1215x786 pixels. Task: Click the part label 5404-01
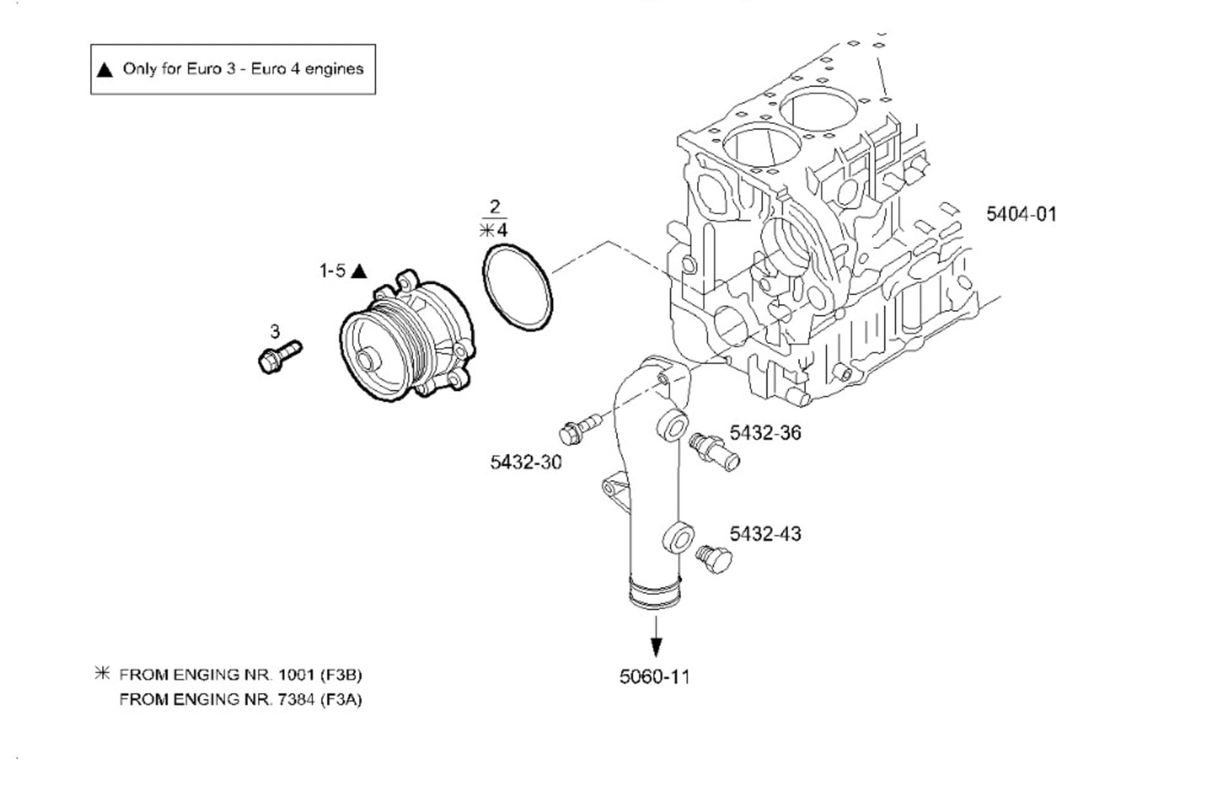pyautogui.click(x=1021, y=214)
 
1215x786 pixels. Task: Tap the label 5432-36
pyautogui.click(x=765, y=433)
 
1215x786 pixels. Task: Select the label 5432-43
pyautogui.click(x=765, y=534)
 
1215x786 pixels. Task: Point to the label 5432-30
pyautogui.click(x=526, y=462)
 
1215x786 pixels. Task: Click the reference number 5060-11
pyautogui.click(x=654, y=677)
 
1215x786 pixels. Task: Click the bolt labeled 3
pyautogui.click(x=279, y=357)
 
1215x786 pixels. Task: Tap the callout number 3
pyautogui.click(x=275, y=331)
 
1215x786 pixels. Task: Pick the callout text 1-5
pyautogui.click(x=332, y=271)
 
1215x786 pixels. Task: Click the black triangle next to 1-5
pyautogui.click(x=359, y=271)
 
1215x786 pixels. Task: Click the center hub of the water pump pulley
pyautogui.click(x=367, y=362)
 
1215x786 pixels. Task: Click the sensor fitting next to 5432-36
pyautogui.click(x=715, y=450)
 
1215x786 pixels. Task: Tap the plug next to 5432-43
pyautogui.click(x=714, y=559)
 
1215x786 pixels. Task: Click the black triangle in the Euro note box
pyautogui.click(x=105, y=70)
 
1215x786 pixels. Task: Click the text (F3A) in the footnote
pyautogui.click(x=341, y=700)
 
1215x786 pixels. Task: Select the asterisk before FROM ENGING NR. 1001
pyautogui.click(x=102, y=673)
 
